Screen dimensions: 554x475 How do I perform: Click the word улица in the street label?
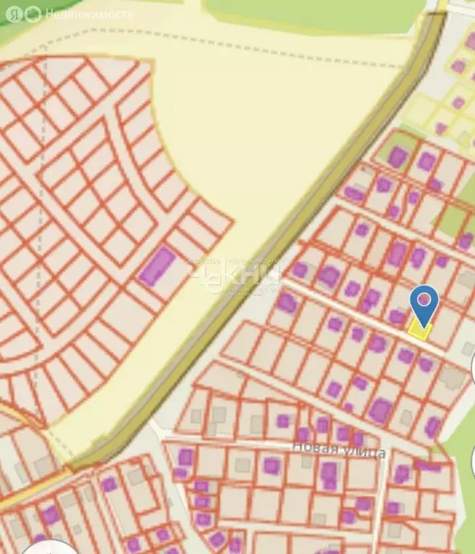[367, 453]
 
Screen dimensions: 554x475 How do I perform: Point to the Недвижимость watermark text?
[89, 14]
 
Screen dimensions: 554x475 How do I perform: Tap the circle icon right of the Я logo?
[32, 14]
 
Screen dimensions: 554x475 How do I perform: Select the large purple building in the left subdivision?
[157, 265]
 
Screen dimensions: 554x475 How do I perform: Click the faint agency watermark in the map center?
[235, 276]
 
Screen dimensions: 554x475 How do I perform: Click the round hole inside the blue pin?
[424, 297]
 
